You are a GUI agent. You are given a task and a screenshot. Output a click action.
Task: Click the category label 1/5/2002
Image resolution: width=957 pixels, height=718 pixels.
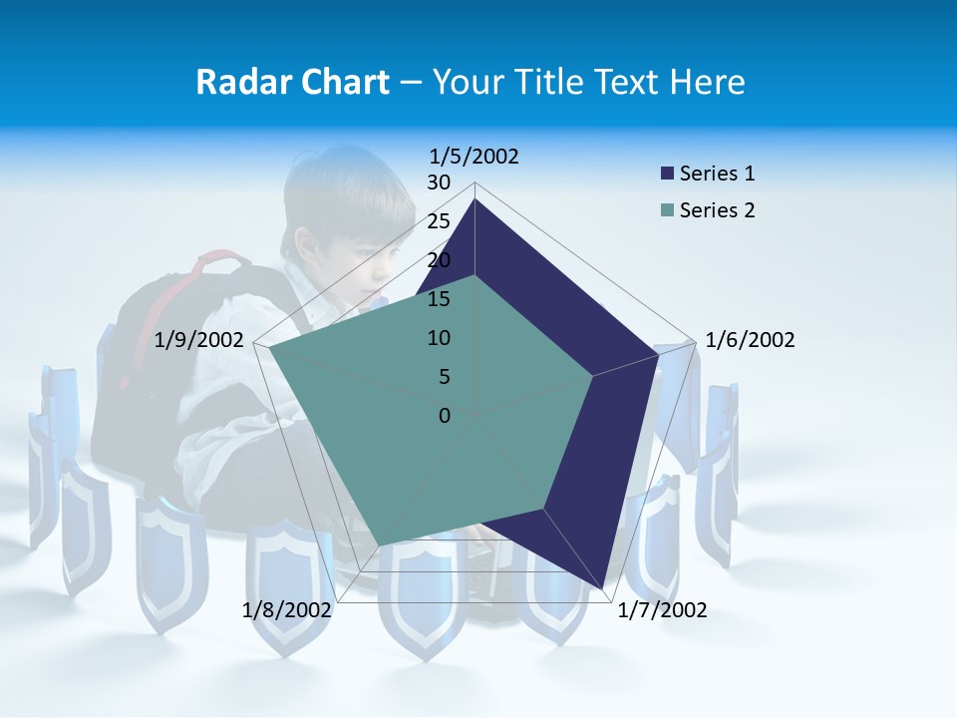pyautogui.click(x=475, y=157)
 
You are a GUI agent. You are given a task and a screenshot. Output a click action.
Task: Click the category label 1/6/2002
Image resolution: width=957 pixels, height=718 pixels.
pyautogui.click(x=750, y=340)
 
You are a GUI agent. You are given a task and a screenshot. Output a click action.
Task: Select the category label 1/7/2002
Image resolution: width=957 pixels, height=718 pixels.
pyautogui.click(x=662, y=610)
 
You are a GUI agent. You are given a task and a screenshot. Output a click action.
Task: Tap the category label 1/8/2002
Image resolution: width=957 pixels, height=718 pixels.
pyautogui.click(x=287, y=610)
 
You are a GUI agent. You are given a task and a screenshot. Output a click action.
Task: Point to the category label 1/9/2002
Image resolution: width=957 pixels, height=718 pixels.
pyautogui.click(x=199, y=340)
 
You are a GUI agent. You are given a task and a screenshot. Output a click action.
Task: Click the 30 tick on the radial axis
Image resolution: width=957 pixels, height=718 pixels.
pyautogui.click(x=439, y=182)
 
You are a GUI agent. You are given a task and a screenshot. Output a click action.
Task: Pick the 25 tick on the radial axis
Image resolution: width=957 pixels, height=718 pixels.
pyautogui.click(x=439, y=221)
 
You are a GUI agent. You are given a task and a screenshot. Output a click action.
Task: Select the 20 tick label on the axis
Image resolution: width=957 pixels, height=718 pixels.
pyautogui.click(x=439, y=260)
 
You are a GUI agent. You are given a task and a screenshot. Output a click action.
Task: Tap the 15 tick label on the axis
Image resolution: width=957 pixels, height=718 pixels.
pyautogui.click(x=439, y=299)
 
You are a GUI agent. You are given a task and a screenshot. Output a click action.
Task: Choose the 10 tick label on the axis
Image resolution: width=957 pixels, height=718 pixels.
pyautogui.click(x=439, y=338)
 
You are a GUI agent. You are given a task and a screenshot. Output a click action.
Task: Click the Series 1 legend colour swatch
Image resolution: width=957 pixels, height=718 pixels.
pyautogui.click(x=667, y=174)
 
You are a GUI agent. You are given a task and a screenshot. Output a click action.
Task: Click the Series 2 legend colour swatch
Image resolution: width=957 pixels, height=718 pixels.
pyautogui.click(x=667, y=210)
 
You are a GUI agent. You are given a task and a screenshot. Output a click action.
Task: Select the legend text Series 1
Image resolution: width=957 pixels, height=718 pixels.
pyautogui.click(x=718, y=174)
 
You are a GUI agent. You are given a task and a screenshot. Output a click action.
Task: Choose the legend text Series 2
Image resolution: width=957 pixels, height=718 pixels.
pyautogui.click(x=718, y=210)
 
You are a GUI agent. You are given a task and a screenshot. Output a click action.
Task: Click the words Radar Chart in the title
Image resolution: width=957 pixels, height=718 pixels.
pyautogui.click(x=292, y=82)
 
